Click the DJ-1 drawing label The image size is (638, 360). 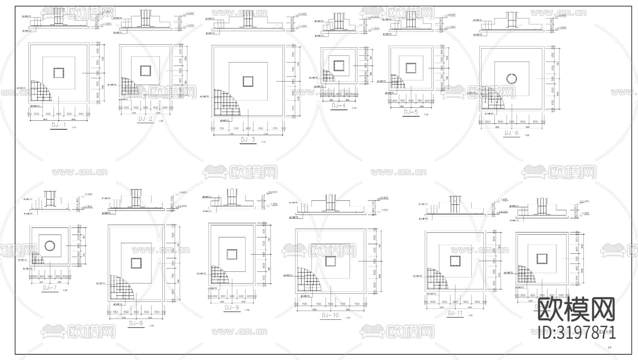pos(59,125)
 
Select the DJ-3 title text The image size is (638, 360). pos(248,140)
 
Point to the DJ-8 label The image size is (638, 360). pos(136,323)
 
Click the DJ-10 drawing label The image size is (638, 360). pos(330,315)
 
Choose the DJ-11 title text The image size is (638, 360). pos(455,313)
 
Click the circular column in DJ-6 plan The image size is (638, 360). pos(511,79)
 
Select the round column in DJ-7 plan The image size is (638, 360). pos(50,245)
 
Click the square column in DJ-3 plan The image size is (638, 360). pos(248,81)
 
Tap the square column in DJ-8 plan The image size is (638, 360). pos(136,264)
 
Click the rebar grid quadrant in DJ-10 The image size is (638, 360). pos(307,280)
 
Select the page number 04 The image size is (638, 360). pos(610,348)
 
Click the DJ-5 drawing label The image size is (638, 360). pos(411,112)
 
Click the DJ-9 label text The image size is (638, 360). pos(232,308)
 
